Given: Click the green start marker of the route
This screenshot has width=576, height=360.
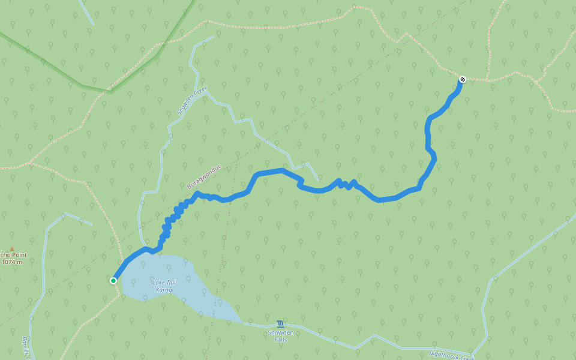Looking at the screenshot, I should [x=113, y=280].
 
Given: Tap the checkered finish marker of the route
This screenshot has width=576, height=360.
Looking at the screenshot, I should [x=463, y=79].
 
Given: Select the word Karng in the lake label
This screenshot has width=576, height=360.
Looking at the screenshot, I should [x=164, y=290].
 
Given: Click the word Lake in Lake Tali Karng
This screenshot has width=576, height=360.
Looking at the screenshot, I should [x=158, y=283].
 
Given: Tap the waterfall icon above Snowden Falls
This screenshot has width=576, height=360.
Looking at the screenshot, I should [x=281, y=324].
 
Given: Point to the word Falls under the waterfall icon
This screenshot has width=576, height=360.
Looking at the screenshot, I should [x=281, y=340].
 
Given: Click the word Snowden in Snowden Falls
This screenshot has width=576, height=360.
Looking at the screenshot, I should [x=281, y=332].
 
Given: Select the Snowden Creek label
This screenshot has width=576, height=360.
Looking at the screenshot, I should [x=191, y=100].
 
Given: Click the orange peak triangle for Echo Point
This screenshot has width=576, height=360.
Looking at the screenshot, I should [x=11, y=249].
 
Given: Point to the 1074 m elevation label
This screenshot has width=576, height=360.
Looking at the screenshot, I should [x=11, y=262].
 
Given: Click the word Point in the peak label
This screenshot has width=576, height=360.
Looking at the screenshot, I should [x=17, y=255].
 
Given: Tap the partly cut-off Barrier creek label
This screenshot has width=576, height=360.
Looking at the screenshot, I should [x=27, y=349].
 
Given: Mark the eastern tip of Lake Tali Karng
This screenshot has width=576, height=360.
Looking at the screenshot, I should [x=241, y=322].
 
